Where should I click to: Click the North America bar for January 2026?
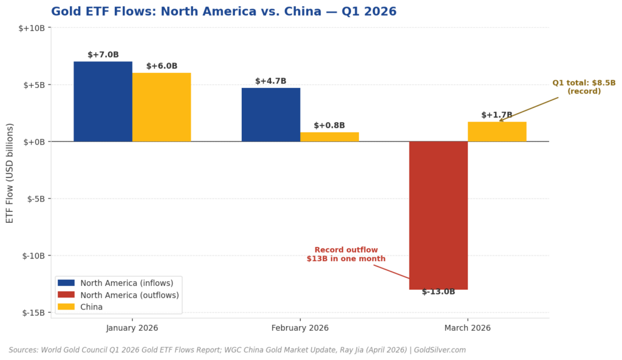pos(103,101)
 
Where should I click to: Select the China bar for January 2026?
pos(162,107)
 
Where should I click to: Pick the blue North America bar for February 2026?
pos(271,115)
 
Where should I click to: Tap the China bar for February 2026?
pos(329,137)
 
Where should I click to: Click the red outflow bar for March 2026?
pos(438,215)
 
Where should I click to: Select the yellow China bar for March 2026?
pos(497,132)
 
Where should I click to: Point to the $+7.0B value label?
pos(103,55)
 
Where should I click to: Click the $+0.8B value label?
pos(329,126)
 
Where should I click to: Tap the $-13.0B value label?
pos(439,292)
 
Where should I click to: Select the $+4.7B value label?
pos(271,81)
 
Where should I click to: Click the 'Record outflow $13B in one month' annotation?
pos(346,254)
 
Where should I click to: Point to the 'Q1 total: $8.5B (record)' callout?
pos(584,87)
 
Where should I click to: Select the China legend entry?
pos(91,307)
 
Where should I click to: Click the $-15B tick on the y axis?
pos(33,313)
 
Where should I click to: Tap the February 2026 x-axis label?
pos(300,328)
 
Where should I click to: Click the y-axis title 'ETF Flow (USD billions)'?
pos(10,172)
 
